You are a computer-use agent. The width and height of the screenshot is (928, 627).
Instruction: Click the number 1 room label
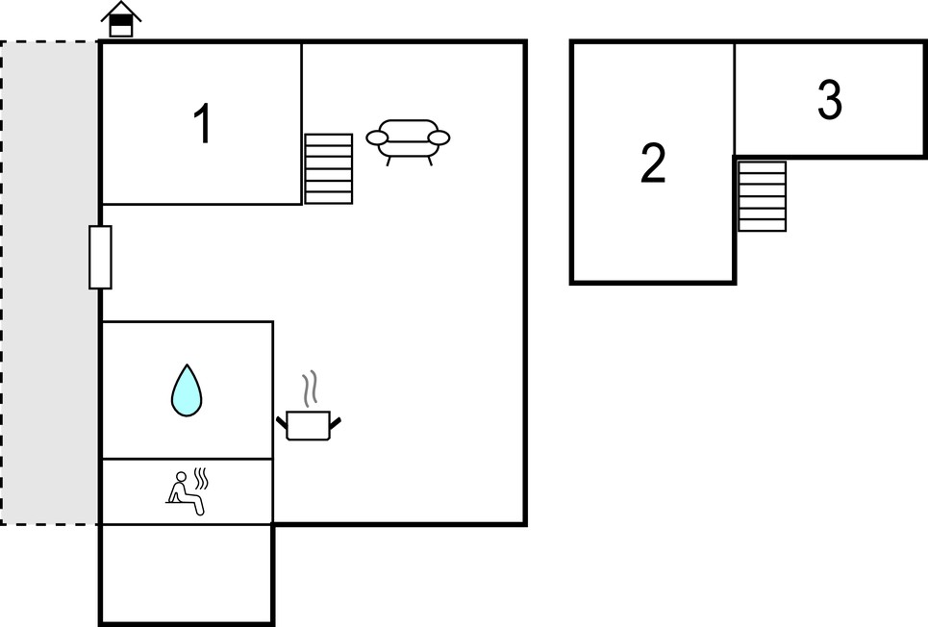203,123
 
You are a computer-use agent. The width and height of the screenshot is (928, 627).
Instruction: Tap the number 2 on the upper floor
653,163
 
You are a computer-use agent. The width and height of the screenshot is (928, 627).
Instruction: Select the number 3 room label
829,99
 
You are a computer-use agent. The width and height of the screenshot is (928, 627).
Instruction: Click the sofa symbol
408,141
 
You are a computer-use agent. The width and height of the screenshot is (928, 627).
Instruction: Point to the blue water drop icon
187,390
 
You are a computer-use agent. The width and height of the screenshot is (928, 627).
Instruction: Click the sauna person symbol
188,490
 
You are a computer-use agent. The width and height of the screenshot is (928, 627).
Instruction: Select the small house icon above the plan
121,19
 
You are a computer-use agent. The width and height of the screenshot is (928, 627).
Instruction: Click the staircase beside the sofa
329,168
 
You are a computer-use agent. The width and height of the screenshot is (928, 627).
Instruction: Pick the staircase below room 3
763,196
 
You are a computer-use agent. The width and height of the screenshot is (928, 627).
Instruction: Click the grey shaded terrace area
50,283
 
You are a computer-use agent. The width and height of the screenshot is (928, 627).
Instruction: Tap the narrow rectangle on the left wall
101,257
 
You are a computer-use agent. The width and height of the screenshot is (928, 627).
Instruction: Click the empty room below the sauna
187,573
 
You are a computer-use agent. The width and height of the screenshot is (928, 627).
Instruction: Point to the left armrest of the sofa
377,138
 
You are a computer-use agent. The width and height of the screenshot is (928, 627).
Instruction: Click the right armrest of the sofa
439,138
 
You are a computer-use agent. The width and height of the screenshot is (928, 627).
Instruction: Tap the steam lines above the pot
310,389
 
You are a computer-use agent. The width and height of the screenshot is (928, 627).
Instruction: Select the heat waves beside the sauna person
202,478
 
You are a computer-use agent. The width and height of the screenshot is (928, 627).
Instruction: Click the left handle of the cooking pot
282,423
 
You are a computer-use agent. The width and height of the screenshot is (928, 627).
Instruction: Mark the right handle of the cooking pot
336,423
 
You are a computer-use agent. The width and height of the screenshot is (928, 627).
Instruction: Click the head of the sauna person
181,476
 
